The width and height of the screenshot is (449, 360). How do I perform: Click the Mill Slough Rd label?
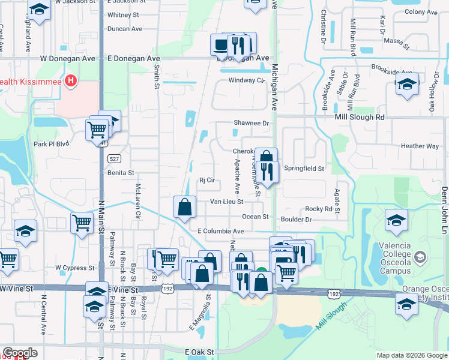[x=359, y=118]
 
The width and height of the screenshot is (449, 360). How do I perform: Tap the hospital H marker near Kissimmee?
[x=71, y=80]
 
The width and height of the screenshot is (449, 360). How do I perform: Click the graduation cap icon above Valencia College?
[x=396, y=220]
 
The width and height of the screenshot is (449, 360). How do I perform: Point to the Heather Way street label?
[x=420, y=146]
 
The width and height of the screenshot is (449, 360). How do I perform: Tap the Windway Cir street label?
[x=246, y=80]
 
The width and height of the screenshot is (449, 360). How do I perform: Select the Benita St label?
[x=120, y=173]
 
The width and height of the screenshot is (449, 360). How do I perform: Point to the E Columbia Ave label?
[x=220, y=231]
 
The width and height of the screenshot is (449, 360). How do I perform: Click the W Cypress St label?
[x=75, y=268]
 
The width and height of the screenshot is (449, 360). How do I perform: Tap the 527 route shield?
[x=114, y=159]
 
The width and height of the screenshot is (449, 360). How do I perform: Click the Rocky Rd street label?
[x=319, y=209]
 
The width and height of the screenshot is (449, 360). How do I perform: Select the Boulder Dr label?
[x=296, y=220]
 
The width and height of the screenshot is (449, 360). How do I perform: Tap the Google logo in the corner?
[x=20, y=353]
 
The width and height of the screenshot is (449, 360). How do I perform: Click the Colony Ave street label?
[x=421, y=12]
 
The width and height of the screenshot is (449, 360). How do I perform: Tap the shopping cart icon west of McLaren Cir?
[x=82, y=223]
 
